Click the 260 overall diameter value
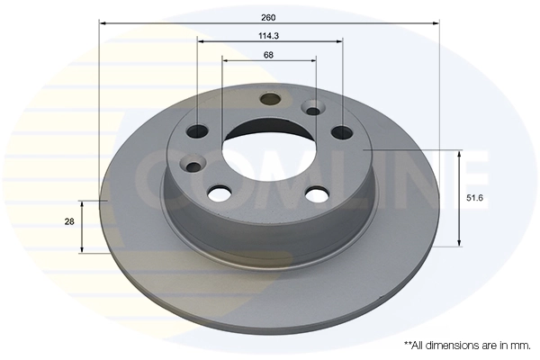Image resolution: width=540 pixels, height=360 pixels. [269, 16]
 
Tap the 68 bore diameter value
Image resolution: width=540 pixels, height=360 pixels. [269, 54]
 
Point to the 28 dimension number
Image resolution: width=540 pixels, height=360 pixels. [68, 220]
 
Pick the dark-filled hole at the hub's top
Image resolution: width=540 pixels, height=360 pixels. [269, 100]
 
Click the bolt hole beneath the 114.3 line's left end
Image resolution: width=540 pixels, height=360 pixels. [198, 132]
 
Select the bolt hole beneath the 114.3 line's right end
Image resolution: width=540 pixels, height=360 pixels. [342, 133]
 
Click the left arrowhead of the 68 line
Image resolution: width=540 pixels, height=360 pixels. [225, 60]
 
